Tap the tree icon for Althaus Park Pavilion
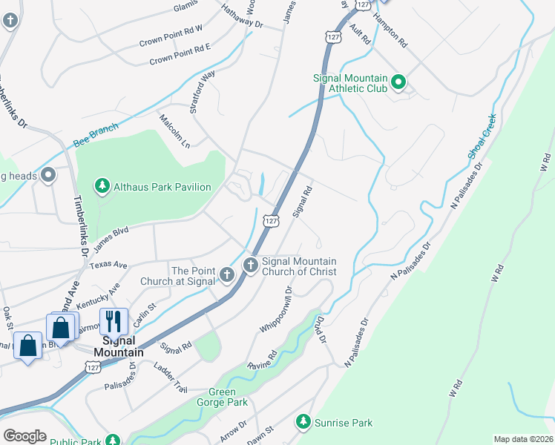(102, 186)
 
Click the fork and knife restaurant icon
(114, 321)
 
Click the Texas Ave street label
(108, 265)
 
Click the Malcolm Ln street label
(174, 130)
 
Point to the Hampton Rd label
(390, 31)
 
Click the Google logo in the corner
(24, 436)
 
